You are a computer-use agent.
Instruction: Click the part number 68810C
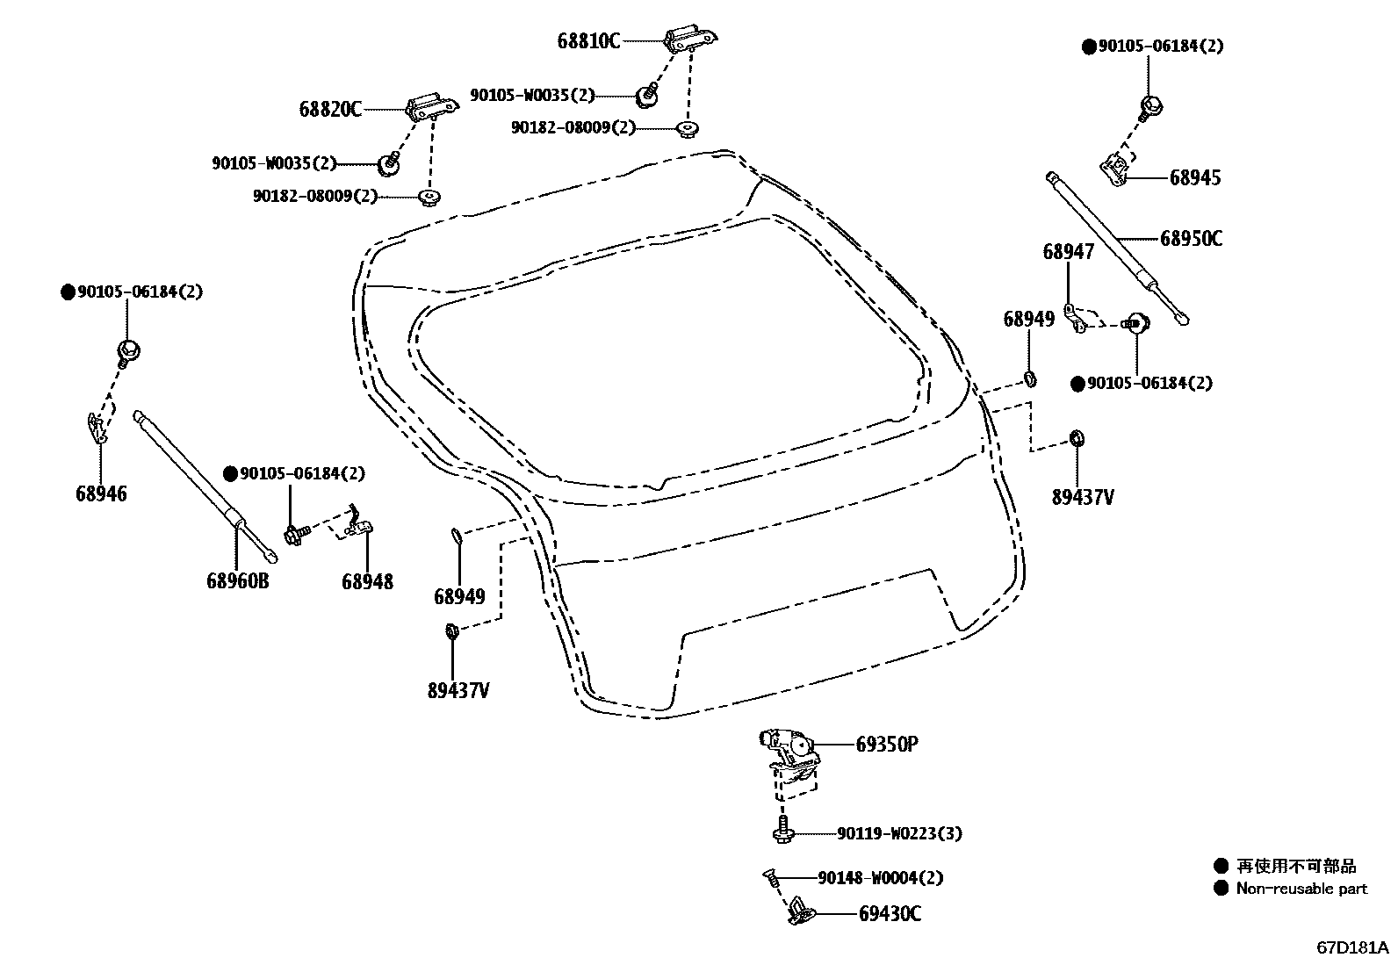point(587,40)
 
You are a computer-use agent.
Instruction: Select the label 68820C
point(330,109)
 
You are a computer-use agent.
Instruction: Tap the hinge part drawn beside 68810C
point(691,40)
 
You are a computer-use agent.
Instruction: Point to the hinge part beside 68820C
point(432,107)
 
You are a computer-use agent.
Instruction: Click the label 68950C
point(1190,238)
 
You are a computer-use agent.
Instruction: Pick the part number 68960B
point(237,580)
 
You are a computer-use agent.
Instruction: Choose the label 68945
point(1194,177)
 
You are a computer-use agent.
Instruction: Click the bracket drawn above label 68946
point(97,426)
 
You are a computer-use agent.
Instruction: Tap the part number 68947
point(1069,252)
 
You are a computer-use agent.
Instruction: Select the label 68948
point(367,580)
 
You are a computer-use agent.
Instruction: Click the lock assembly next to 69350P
point(789,753)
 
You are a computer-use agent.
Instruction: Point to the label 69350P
point(887,745)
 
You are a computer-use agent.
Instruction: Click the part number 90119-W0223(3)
point(898,833)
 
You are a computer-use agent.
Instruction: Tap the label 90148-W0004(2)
point(881,877)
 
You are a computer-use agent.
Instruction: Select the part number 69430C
point(890,914)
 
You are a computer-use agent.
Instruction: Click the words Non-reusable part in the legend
point(1301,888)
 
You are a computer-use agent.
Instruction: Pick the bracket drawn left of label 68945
point(1114,169)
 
